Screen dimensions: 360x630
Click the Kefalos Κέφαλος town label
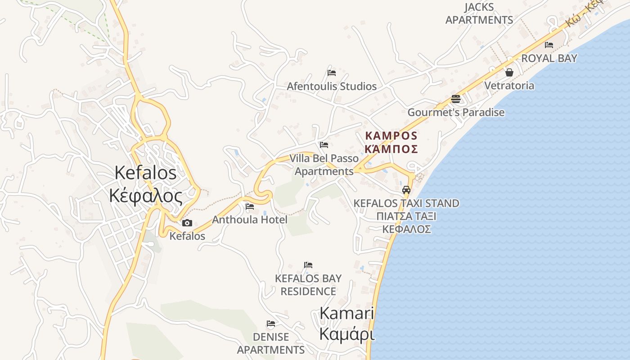pyautogui.click(x=145, y=184)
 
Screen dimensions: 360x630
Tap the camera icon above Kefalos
pyautogui.click(x=187, y=223)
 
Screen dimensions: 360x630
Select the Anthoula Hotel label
pyautogui.click(x=249, y=220)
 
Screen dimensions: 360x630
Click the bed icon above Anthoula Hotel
pyautogui.click(x=250, y=207)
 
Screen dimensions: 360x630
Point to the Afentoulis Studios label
pyautogui.click(x=332, y=86)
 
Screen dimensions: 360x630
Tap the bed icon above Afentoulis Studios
pyautogui.click(x=332, y=72)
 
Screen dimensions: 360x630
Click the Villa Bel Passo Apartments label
pyautogui.click(x=324, y=165)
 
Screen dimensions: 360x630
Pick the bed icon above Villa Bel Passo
pyautogui.click(x=324, y=145)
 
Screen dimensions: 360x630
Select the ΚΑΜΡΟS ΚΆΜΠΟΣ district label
pyautogui.click(x=391, y=142)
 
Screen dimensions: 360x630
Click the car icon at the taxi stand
pyautogui.click(x=406, y=189)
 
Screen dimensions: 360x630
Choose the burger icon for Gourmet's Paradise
pyautogui.click(x=456, y=99)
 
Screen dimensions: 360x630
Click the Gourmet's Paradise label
pyautogui.click(x=456, y=112)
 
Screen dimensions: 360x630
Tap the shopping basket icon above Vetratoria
pyautogui.click(x=509, y=72)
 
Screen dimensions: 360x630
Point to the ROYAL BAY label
pyautogui.click(x=549, y=58)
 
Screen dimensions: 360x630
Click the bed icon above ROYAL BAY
pyautogui.click(x=549, y=45)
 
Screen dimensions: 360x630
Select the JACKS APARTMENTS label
pyautogui.click(x=479, y=13)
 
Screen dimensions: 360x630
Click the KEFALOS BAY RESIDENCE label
pyautogui.click(x=308, y=285)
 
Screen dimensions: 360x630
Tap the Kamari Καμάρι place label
pyautogui.click(x=347, y=324)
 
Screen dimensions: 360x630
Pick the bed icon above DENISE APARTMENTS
pyautogui.click(x=271, y=323)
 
